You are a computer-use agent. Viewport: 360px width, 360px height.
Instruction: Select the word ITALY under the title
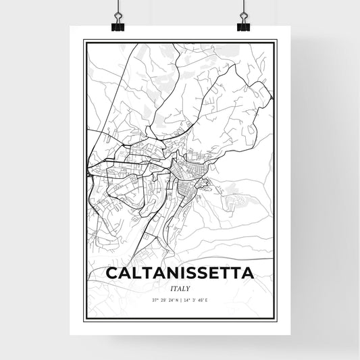(180, 288)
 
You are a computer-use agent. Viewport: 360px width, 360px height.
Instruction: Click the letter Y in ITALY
(188, 288)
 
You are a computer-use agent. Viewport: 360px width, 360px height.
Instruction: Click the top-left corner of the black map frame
(84, 41)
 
